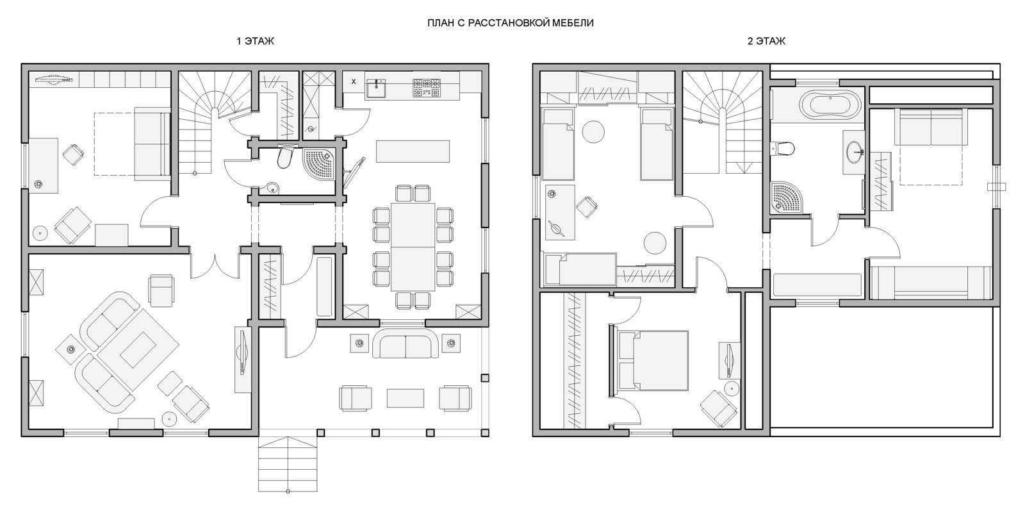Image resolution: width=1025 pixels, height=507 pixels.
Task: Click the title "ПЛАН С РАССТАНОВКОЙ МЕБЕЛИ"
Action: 510,23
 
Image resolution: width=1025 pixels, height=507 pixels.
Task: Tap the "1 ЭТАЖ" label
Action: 256,41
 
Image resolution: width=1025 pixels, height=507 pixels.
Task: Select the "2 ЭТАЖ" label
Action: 766,41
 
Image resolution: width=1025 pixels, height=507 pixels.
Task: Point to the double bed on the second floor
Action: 650,360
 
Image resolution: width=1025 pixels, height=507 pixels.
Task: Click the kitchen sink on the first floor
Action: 376,88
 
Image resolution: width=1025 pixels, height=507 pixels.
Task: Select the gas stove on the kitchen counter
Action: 427,88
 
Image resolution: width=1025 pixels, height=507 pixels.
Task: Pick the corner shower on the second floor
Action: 787,198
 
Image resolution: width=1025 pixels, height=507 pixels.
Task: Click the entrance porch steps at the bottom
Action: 288,464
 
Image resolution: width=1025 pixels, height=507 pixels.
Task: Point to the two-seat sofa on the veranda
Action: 406,345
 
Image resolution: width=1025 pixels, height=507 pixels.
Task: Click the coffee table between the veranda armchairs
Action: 406,398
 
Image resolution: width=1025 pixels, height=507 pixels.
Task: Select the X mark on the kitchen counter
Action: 354,82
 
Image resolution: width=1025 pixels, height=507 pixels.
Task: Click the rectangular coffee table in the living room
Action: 138,350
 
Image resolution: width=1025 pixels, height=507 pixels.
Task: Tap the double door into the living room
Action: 214,265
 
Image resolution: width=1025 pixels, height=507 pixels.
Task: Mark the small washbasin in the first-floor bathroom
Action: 272,187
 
